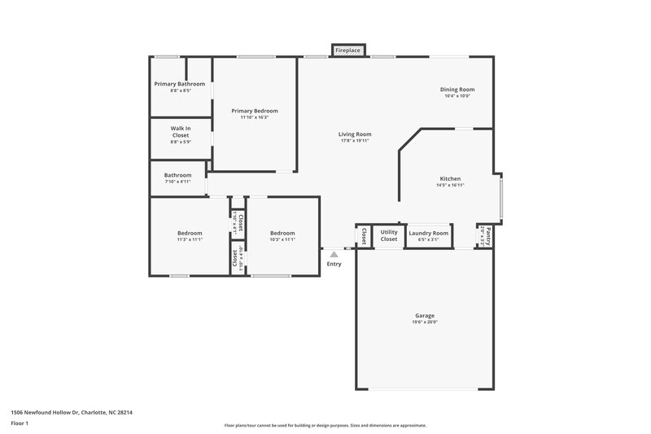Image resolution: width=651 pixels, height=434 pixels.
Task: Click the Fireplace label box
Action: (348, 50)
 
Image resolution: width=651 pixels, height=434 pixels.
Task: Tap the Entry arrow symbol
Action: (334, 255)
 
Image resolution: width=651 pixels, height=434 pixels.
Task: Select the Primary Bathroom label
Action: (180, 84)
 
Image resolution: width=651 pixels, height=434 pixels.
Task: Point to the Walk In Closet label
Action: (180, 132)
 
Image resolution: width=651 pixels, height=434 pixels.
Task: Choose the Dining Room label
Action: (457, 90)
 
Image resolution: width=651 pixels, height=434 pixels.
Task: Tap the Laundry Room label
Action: (428, 233)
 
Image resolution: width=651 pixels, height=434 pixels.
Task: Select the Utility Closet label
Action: (389, 235)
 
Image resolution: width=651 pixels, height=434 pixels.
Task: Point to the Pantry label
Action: (489, 235)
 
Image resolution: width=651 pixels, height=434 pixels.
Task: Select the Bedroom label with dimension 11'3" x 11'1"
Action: (190, 233)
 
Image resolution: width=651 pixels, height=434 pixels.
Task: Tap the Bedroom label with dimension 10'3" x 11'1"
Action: (282, 233)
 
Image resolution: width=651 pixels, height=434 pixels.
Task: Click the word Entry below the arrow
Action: (334, 264)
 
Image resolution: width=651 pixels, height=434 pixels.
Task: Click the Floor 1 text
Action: (20, 423)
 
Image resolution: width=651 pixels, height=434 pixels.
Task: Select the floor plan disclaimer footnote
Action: (325, 425)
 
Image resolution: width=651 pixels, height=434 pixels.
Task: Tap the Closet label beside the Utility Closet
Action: (364, 235)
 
